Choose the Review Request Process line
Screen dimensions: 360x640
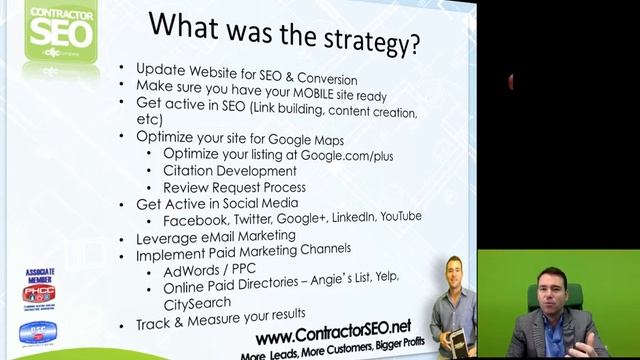click(234, 187)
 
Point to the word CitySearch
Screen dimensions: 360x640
click(196, 303)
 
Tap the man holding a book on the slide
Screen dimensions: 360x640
click(458, 310)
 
